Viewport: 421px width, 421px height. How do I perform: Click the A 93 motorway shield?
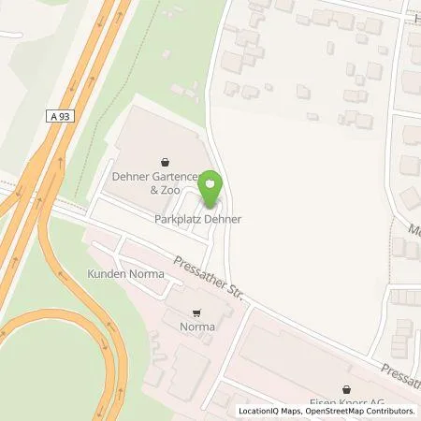pos(58,114)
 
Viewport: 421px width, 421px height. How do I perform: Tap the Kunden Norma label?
pos(125,274)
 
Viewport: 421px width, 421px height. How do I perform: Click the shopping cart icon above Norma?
pos(196,313)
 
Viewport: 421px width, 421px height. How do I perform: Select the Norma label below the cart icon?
pos(197,327)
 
